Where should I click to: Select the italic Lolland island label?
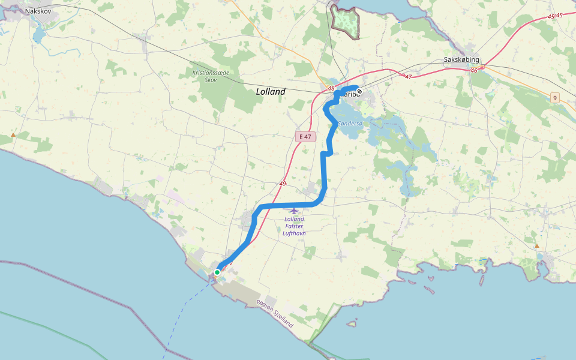(x=271, y=92)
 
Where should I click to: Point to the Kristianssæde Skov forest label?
(x=211, y=76)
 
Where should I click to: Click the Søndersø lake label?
(x=350, y=123)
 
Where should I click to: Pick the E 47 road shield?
(x=305, y=137)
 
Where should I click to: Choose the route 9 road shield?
(x=555, y=98)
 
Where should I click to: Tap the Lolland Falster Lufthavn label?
(x=295, y=226)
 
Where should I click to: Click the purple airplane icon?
(x=293, y=210)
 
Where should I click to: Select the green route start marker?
(x=217, y=272)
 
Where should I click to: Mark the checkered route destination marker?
(x=359, y=91)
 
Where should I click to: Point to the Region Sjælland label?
(x=275, y=313)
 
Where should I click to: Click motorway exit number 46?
(x=473, y=71)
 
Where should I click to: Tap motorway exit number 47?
(x=409, y=77)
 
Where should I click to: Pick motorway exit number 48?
(x=331, y=89)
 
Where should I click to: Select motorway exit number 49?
(x=282, y=184)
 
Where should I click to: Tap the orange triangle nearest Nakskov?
(x=13, y=135)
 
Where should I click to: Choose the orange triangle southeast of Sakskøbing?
(x=536, y=245)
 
